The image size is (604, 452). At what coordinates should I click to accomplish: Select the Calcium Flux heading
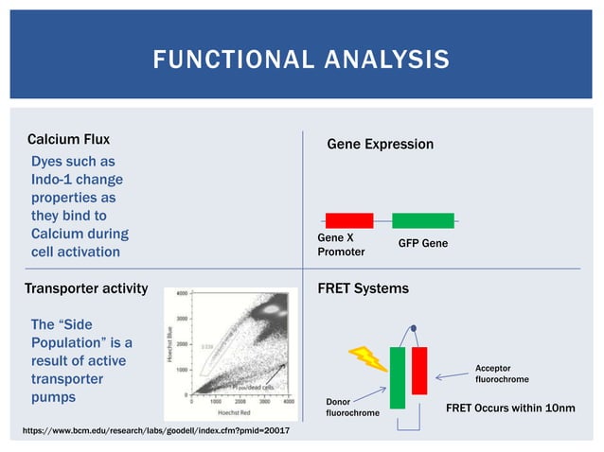pyautogui.click(x=68, y=141)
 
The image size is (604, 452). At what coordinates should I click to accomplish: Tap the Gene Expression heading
pyautogui.click(x=380, y=145)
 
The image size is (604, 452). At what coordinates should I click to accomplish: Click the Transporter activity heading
pyautogui.click(x=86, y=288)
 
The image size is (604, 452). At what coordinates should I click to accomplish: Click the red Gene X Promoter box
pyautogui.click(x=349, y=220)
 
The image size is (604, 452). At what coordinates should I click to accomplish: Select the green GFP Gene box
pyautogui.click(x=422, y=220)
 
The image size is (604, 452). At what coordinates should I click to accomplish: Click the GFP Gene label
pyautogui.click(x=423, y=244)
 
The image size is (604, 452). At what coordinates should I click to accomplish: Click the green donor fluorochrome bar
pyautogui.click(x=397, y=376)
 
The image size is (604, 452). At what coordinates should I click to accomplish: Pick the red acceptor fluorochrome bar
pyautogui.click(x=419, y=370)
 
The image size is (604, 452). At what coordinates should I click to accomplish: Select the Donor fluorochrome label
pyautogui.click(x=352, y=408)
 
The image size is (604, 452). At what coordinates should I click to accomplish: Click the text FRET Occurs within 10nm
pyautogui.click(x=509, y=408)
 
